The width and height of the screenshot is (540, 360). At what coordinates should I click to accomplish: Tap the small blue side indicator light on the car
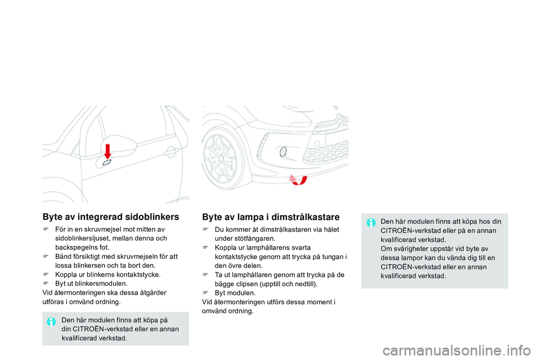(107, 163)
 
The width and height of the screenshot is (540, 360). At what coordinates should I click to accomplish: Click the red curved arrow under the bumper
(298, 179)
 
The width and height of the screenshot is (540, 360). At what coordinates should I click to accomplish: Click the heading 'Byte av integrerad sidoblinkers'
(110, 217)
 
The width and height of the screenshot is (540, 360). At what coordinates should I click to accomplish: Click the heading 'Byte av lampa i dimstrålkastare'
(271, 217)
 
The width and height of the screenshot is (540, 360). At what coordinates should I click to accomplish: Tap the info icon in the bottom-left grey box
(51, 322)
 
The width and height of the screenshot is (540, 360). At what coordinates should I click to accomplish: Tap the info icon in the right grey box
(371, 222)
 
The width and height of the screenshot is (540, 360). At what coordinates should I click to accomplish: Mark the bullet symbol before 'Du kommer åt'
(205, 229)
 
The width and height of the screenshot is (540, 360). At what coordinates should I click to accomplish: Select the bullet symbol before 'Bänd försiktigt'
(46, 256)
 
